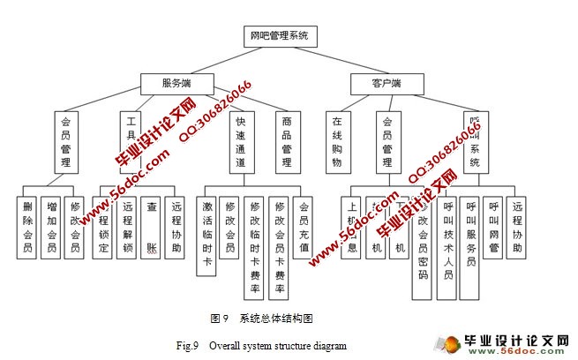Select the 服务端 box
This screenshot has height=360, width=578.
point(176,84)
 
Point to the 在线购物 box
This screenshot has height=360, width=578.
point(336,141)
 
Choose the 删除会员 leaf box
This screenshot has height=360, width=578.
point(28,224)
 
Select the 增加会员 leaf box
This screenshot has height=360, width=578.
point(52,224)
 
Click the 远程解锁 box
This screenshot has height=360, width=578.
point(127,224)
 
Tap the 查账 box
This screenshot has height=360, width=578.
point(151,224)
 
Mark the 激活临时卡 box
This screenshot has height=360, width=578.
point(208,232)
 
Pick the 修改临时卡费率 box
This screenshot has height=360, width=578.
point(255,243)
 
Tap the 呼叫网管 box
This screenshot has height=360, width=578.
point(494,224)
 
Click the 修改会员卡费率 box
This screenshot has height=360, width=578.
point(280,243)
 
